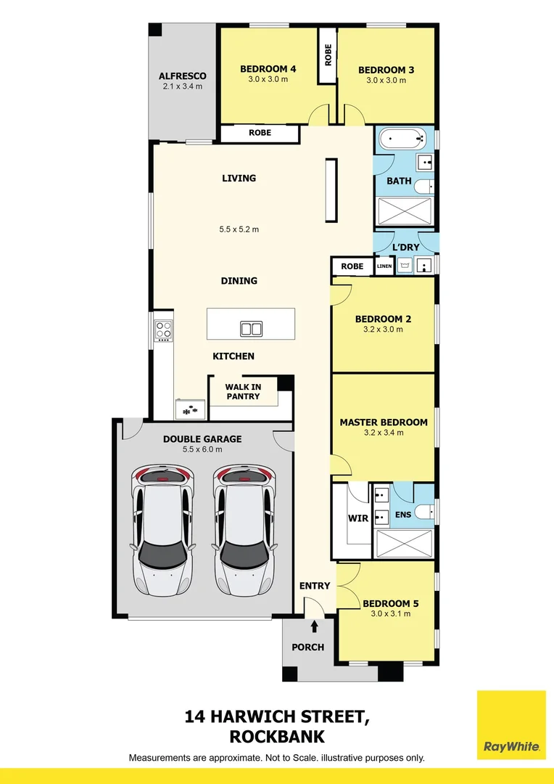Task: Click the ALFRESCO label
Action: pos(183,76)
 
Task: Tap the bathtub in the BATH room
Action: pos(402,137)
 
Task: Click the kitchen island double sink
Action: pos(251,329)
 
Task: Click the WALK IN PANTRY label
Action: pos(243,392)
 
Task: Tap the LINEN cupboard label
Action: pos(384,266)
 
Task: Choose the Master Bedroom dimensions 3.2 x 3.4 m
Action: pos(384,433)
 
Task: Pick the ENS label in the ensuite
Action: pos(403,515)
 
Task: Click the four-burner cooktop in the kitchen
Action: pos(164,331)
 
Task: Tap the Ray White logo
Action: pos(511,724)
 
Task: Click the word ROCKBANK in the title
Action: pos(277,737)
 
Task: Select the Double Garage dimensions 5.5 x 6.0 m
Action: pos(202,449)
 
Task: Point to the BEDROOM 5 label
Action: pos(391,603)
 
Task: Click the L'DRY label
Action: pos(405,248)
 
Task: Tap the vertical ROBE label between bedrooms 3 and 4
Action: pos(328,55)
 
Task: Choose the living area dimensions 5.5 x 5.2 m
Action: pos(239,229)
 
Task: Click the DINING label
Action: pos(239,281)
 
